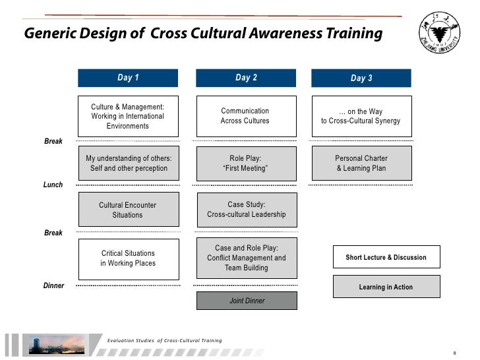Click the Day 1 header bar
(x=128, y=78)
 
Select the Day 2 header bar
(x=247, y=78)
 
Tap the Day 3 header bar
(x=361, y=78)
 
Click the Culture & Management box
(x=128, y=116)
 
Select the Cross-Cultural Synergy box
(x=361, y=116)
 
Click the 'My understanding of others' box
(x=128, y=164)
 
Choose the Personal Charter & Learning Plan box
(x=361, y=164)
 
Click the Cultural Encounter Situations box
(x=128, y=210)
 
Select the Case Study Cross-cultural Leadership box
(x=247, y=210)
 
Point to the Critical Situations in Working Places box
(x=128, y=258)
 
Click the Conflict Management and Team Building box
(x=247, y=258)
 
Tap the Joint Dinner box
(x=247, y=301)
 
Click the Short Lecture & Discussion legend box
(x=386, y=257)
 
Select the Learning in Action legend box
(x=386, y=287)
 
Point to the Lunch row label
(x=53, y=185)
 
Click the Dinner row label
(x=53, y=285)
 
